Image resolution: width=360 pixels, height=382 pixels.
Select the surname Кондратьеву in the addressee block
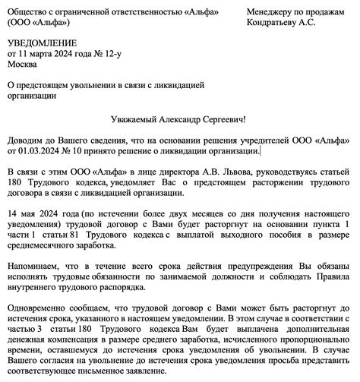click(x=274, y=24)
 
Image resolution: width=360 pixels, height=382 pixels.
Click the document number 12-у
click(x=111, y=55)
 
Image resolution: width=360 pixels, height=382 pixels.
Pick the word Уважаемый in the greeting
click(x=134, y=119)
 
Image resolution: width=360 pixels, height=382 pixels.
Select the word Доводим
click(x=27, y=141)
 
